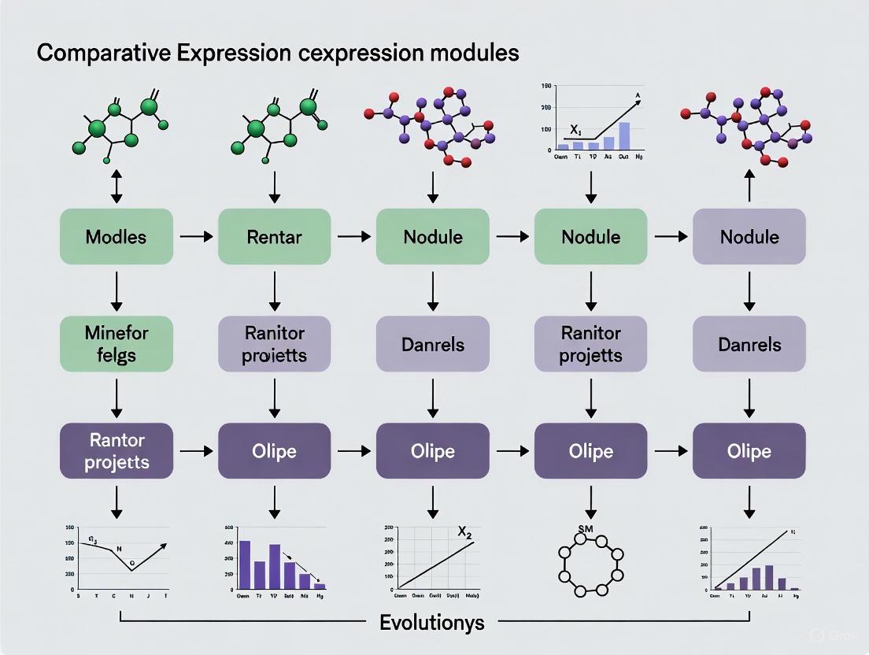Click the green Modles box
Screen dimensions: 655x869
coord(116,236)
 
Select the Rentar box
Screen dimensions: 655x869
coord(275,236)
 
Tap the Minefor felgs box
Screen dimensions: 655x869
coord(116,344)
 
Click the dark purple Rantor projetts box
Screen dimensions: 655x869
coord(116,451)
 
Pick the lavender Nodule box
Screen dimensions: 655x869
coord(749,236)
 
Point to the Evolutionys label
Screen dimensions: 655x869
coord(432,623)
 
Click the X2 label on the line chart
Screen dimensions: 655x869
coord(464,532)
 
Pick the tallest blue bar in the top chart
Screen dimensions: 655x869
coord(624,135)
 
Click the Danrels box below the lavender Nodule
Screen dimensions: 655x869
coord(749,344)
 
